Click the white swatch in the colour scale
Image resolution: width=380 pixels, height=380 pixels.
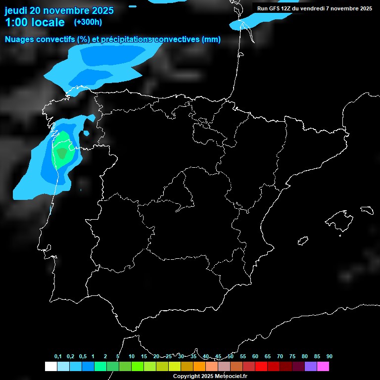coord(50,366)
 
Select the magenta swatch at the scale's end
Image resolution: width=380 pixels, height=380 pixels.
coord(323,366)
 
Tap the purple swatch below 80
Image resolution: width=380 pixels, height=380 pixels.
coord(311,366)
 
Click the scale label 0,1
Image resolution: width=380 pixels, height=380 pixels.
coord(58,357)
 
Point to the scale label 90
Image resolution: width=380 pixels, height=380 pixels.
coord(329,357)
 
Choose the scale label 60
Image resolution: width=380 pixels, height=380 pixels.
coord(255,357)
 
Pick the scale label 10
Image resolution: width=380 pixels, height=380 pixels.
coord(131,357)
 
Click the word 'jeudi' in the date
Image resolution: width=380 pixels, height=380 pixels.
coord(16,10)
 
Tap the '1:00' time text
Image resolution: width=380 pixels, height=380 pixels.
coord(15,22)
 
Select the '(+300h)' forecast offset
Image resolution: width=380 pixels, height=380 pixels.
coord(88,22)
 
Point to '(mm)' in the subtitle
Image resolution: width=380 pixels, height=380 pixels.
coord(211,40)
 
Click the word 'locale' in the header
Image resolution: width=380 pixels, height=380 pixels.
coord(48,22)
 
